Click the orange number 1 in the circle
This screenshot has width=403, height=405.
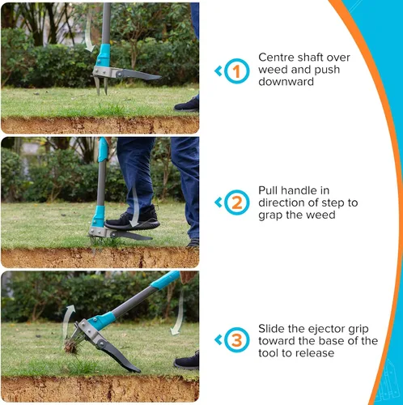pos(236,71)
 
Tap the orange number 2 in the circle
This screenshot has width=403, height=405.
pos(237,202)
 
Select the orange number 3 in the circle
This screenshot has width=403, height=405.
pos(237,340)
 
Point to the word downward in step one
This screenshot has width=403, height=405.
pos(286,82)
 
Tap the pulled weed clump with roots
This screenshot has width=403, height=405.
pos(71,346)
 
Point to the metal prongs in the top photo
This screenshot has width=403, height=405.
pos(101,85)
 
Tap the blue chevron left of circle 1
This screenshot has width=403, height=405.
pos(218,71)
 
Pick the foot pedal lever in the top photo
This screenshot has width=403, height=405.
pos(139,75)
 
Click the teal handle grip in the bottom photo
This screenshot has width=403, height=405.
pos(165,279)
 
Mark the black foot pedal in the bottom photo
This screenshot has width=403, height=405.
pos(119,356)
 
